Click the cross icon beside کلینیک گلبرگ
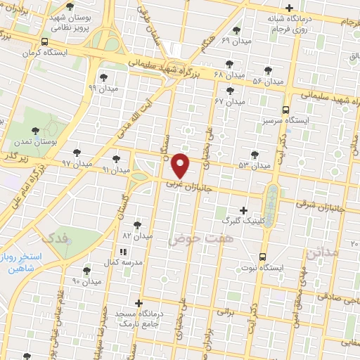point(244,210)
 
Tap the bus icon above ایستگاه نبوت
point(262,257)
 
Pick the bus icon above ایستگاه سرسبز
point(285,110)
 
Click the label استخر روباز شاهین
point(22,262)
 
